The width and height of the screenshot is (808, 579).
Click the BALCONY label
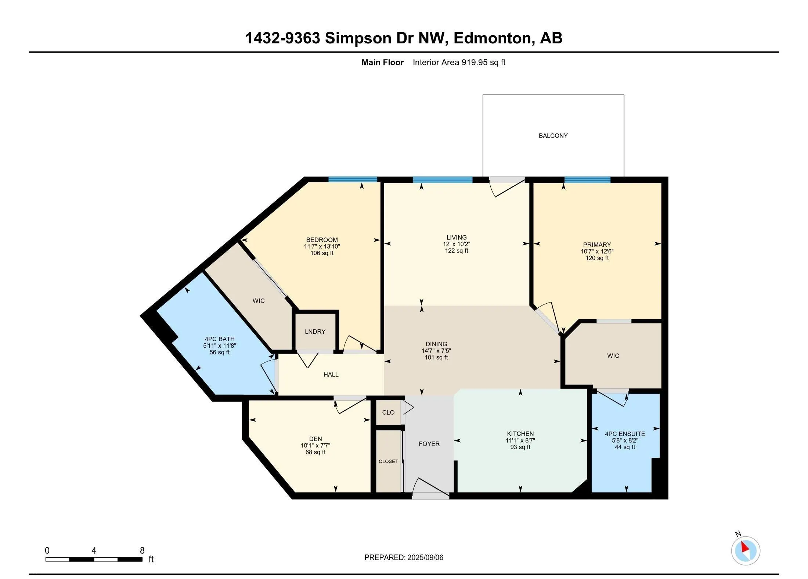[x=553, y=136]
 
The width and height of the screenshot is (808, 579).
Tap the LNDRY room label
[x=315, y=332]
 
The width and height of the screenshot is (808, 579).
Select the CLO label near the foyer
[x=388, y=412]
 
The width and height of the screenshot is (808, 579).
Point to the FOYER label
[x=429, y=444]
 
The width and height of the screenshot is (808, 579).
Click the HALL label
[x=331, y=375]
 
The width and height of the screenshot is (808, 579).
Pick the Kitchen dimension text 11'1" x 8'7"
[x=520, y=440]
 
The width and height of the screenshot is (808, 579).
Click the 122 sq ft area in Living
[x=457, y=251]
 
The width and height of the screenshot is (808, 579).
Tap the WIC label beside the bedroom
[x=259, y=301]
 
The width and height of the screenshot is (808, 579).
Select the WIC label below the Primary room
[x=613, y=356]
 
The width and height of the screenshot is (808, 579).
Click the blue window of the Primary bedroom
[x=587, y=180]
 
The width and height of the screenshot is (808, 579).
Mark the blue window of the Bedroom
[x=353, y=180]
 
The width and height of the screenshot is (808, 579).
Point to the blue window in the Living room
[x=443, y=180]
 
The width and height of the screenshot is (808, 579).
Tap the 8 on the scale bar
[x=142, y=550]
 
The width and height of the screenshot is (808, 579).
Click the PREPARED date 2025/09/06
[x=425, y=557]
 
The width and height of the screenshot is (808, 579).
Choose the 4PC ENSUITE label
[x=625, y=434]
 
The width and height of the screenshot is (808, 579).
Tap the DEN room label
[x=315, y=439]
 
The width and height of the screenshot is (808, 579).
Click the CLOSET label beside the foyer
[x=388, y=461]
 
